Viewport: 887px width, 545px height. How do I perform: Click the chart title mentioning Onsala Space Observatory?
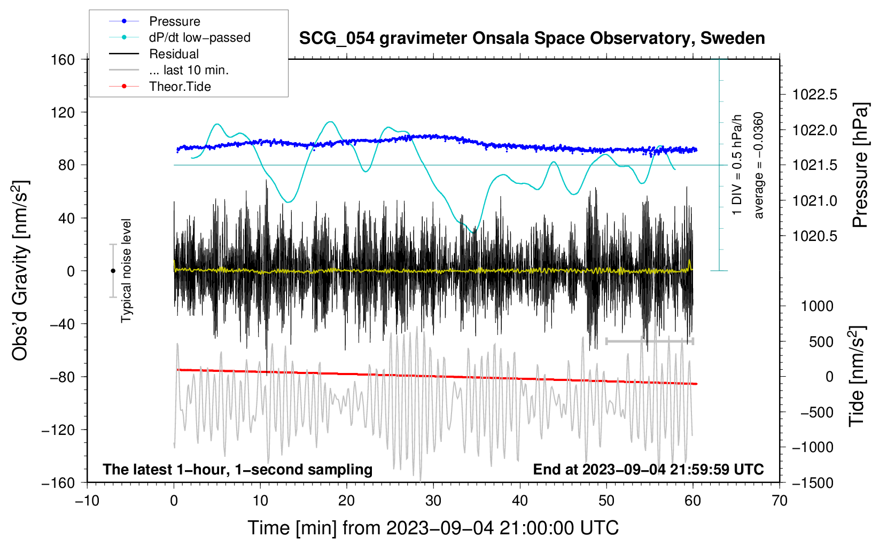(x=532, y=38)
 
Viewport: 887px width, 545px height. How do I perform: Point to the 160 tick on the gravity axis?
(x=63, y=60)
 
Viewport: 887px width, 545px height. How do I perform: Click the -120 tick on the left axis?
(x=58, y=430)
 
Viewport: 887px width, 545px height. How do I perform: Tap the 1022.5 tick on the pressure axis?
(x=814, y=95)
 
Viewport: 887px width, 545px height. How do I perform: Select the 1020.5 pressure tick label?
(x=814, y=236)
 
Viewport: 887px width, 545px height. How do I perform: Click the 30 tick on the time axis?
(x=433, y=501)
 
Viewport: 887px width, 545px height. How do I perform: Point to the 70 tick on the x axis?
(x=779, y=501)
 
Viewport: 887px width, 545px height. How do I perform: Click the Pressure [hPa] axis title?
(x=860, y=165)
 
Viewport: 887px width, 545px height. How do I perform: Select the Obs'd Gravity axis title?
(x=20, y=270)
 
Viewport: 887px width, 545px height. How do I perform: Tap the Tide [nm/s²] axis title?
(x=857, y=376)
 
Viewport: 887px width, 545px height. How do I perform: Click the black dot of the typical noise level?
(x=113, y=271)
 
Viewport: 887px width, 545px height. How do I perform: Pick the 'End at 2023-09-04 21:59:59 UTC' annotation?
(x=648, y=469)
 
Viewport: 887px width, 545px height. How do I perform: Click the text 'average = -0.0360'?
(x=758, y=165)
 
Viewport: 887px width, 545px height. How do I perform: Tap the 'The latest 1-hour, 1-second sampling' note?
(x=238, y=469)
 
